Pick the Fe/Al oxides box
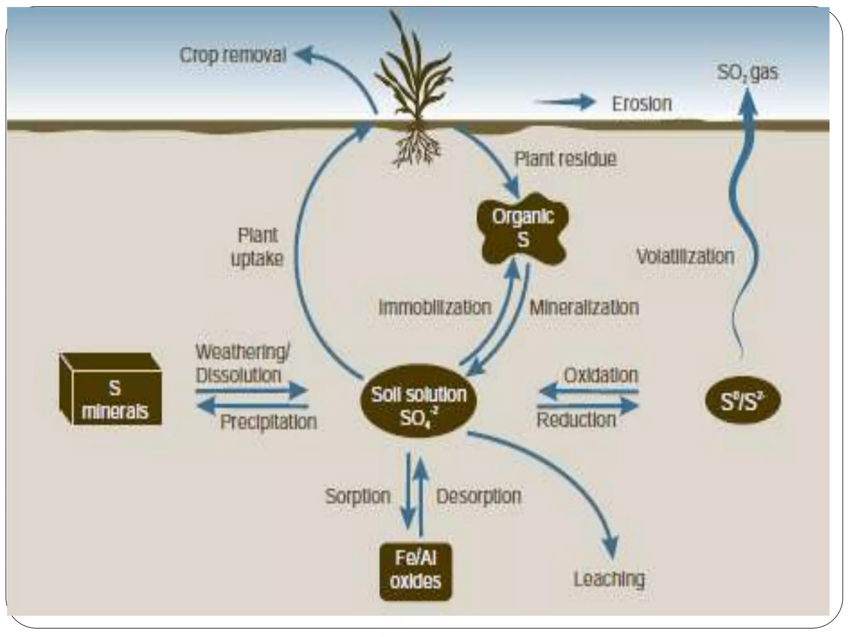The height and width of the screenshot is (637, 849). (415, 571)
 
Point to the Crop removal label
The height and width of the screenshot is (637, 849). (233, 55)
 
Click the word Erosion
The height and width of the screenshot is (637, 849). (642, 104)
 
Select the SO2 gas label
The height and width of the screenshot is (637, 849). (747, 72)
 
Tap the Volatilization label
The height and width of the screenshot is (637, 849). (685, 256)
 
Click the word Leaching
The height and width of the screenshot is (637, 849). (609, 579)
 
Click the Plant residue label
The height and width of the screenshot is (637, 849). (565, 159)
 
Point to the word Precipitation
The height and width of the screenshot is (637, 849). (268, 422)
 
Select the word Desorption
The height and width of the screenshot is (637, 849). (479, 496)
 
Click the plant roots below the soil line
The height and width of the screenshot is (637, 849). (417, 147)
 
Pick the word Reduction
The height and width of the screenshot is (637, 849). (576, 420)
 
